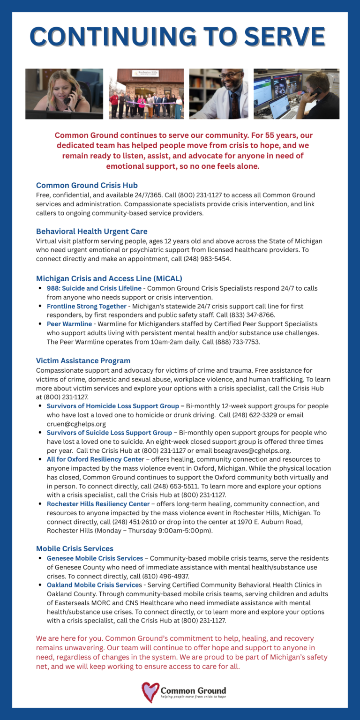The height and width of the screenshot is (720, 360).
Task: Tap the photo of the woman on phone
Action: point(64,94)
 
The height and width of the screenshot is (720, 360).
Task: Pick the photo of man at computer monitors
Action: point(296,94)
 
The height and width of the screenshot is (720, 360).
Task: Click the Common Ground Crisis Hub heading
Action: point(87,185)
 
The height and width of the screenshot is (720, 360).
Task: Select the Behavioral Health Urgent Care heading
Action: point(91,231)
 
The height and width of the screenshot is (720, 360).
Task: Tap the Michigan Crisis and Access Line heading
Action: point(109,278)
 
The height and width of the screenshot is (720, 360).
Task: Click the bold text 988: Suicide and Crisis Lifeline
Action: point(94,288)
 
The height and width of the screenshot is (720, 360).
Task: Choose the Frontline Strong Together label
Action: point(86,306)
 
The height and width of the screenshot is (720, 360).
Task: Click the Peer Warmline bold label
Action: point(69,324)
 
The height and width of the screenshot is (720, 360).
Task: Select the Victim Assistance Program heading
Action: point(83,360)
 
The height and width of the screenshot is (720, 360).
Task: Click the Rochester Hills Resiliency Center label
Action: point(98,504)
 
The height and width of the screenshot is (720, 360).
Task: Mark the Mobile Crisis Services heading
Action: point(75,548)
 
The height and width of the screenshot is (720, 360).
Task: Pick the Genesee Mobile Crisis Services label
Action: point(95,558)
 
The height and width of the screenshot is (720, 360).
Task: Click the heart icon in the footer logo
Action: point(150,692)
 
